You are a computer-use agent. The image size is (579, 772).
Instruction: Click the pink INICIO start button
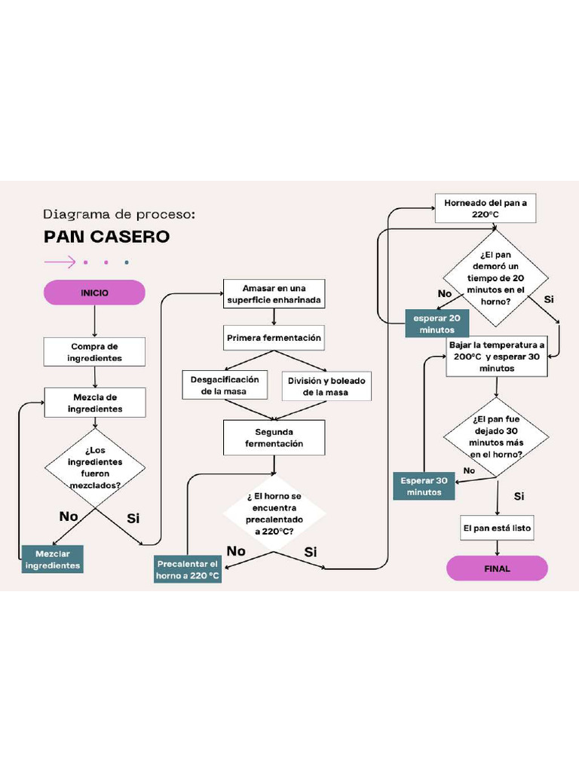tap(94, 293)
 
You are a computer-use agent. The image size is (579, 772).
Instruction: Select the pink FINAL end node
tap(497, 568)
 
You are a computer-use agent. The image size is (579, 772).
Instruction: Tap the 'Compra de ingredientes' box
tap(94, 352)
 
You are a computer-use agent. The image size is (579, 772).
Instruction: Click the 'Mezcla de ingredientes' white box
tap(94, 403)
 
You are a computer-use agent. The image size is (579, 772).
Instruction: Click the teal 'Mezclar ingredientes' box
tap(52, 559)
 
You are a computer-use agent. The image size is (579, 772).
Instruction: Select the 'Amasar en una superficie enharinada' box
tap(274, 294)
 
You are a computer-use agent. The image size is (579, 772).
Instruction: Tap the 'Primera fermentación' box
tap(274, 338)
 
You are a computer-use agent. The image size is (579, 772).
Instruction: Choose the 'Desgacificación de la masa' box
tap(224, 385)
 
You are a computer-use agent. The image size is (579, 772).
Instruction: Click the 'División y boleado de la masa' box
tap(326, 386)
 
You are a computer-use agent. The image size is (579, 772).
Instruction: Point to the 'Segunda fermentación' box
tap(274, 438)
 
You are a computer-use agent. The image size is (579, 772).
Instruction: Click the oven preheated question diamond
tap(274, 513)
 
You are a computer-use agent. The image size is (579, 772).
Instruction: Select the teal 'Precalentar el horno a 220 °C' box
tap(188, 570)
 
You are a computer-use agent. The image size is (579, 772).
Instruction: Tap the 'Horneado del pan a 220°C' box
tap(486, 209)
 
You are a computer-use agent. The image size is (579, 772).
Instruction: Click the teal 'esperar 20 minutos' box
tap(437, 324)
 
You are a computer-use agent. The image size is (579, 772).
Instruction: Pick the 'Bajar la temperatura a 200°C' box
tap(496, 357)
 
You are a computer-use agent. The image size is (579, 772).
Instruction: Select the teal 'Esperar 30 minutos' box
tap(424, 486)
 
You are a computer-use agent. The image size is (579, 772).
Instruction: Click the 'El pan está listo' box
tap(497, 528)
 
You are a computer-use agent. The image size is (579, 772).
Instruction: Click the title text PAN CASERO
tap(106, 237)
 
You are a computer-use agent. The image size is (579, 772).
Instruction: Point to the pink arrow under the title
tap(60, 262)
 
